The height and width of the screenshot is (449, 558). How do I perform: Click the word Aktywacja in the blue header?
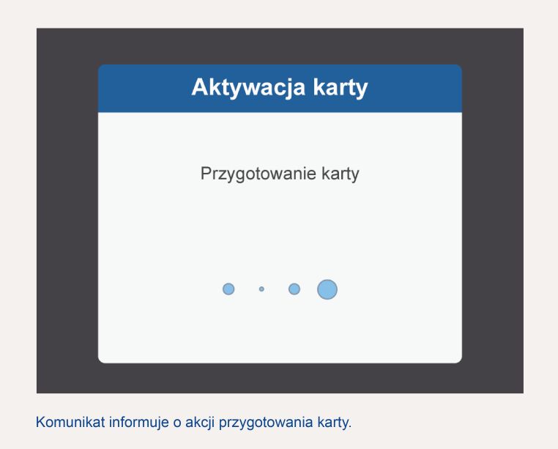pyautogui.click(x=248, y=87)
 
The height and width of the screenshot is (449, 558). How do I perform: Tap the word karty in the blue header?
pyautogui.click(x=341, y=88)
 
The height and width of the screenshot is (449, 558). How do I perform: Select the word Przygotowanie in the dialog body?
pyautogui.click(x=258, y=174)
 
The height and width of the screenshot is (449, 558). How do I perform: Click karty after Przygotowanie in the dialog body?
pyautogui.click(x=341, y=174)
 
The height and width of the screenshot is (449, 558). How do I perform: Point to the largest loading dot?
pyautogui.click(x=327, y=289)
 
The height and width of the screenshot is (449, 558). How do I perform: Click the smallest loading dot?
pyautogui.click(x=261, y=289)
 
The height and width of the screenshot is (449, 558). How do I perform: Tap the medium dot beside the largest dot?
pyautogui.click(x=294, y=289)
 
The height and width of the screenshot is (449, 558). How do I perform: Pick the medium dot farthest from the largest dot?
pyautogui.click(x=228, y=289)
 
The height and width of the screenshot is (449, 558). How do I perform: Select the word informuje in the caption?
pyautogui.click(x=139, y=423)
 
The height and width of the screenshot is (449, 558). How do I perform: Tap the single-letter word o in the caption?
pyautogui.click(x=177, y=423)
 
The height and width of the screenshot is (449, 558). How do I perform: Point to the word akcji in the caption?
pyautogui.click(x=200, y=423)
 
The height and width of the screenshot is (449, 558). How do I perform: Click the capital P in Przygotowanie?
pyautogui.click(x=206, y=173)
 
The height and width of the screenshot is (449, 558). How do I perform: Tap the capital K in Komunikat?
pyautogui.click(x=41, y=422)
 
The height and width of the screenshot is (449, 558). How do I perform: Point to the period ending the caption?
pyautogui.click(x=350, y=427)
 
